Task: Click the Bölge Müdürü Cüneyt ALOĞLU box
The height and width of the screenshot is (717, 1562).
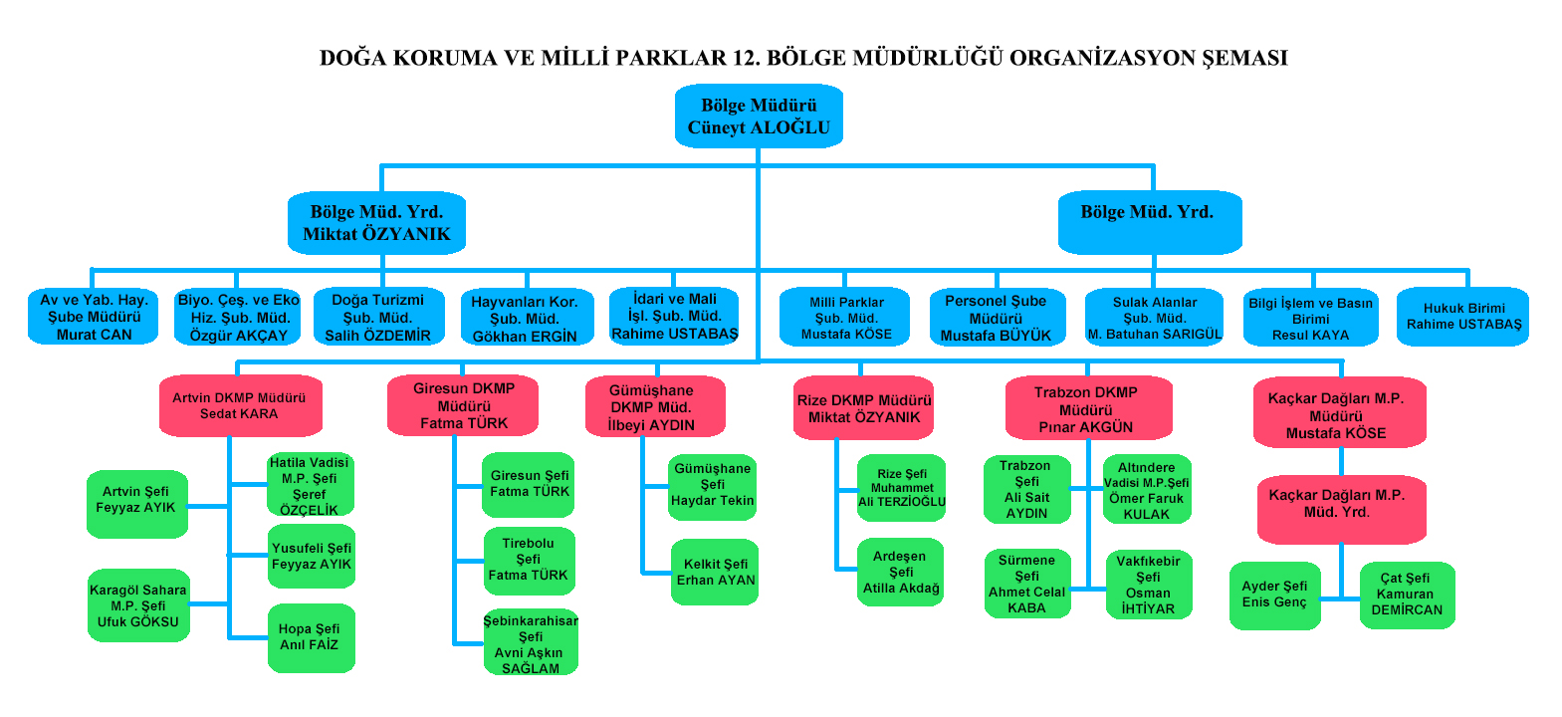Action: tap(759, 117)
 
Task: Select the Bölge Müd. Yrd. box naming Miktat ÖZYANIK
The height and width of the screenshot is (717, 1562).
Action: tap(376, 223)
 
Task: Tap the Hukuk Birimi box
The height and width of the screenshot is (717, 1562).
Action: tap(1462, 317)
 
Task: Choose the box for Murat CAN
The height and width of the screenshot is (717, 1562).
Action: tap(94, 317)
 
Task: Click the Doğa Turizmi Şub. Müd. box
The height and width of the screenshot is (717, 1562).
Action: tap(378, 317)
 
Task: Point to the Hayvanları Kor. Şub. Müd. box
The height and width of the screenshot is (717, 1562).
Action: tap(526, 318)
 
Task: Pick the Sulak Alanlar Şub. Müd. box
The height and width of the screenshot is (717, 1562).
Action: tap(1154, 318)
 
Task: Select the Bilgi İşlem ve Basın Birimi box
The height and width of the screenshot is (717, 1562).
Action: tap(1310, 318)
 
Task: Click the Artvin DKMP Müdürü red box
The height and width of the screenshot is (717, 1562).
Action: tap(240, 405)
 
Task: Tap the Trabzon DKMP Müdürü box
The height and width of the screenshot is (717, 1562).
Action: tap(1087, 408)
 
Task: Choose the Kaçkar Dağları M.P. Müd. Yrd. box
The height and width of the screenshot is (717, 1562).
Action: tap(1340, 508)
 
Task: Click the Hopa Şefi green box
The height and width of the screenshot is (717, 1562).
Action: tap(310, 637)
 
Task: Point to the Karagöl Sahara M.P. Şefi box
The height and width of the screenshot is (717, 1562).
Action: tap(138, 605)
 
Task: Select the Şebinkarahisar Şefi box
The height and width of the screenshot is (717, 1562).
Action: tap(531, 643)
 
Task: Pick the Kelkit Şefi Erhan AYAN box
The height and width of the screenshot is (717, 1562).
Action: tap(715, 572)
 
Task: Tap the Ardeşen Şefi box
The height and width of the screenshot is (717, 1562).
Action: tap(900, 572)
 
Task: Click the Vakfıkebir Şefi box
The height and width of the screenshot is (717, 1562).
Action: tap(1148, 585)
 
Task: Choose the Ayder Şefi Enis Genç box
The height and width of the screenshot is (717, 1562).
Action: tap(1274, 595)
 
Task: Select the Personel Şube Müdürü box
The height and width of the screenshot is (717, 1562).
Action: tap(997, 318)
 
